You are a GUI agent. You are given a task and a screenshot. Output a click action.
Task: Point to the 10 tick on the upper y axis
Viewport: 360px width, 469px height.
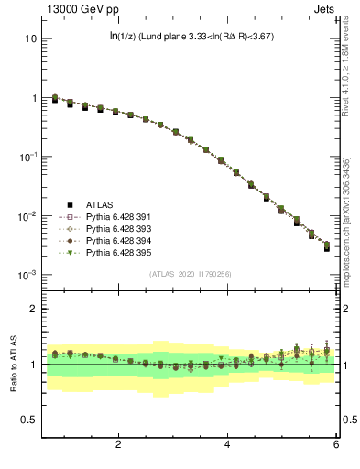click(30, 39)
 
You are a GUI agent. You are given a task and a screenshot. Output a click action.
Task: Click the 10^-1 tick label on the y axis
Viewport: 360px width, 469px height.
click(27, 157)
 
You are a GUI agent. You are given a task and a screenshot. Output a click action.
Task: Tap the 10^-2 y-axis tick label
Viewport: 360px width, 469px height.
click(27, 216)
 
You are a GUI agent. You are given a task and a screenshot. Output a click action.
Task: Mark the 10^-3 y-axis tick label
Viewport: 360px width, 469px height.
click(27, 275)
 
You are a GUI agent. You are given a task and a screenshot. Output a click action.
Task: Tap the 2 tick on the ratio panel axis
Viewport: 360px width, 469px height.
click(32, 310)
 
